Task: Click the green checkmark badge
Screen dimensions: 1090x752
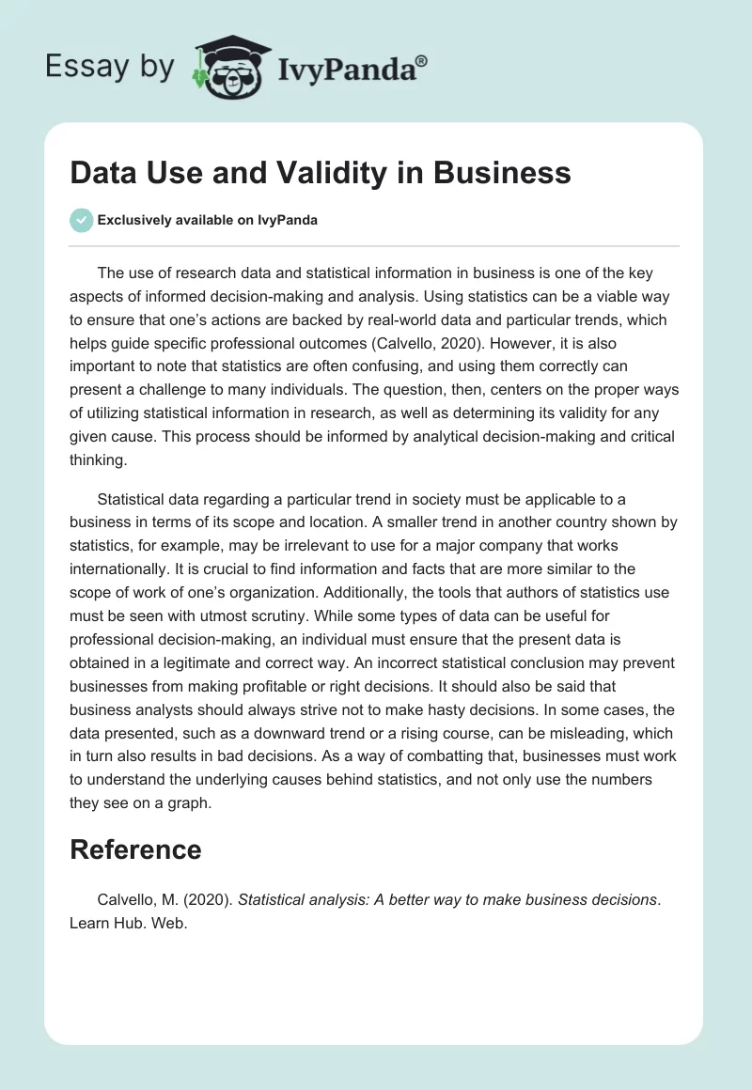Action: [x=81, y=220]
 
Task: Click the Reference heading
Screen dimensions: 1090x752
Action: [x=135, y=849]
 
